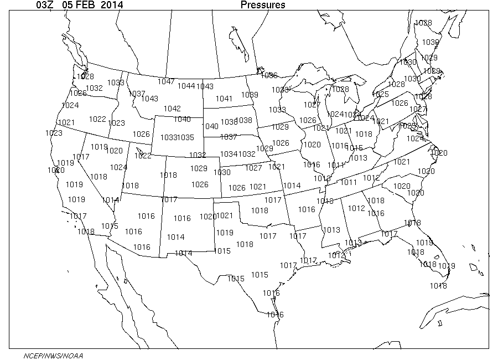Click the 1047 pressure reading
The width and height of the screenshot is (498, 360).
click(x=166, y=81)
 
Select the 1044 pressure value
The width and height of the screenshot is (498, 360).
click(x=186, y=86)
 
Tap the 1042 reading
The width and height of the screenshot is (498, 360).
click(x=172, y=109)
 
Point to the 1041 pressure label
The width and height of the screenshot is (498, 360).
click(x=224, y=99)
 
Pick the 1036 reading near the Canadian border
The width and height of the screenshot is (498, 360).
click(x=269, y=75)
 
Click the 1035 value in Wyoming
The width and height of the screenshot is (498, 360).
click(x=186, y=137)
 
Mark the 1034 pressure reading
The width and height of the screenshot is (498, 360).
click(x=228, y=153)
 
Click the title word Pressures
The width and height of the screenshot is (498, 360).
click(x=263, y=6)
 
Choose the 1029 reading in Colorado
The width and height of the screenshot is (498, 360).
click(x=199, y=168)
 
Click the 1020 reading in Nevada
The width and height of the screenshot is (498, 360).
click(x=114, y=151)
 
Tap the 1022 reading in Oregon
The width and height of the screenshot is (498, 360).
click(x=97, y=119)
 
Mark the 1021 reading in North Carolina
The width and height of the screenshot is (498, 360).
click(x=402, y=162)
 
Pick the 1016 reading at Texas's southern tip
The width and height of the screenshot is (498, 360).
click(x=274, y=315)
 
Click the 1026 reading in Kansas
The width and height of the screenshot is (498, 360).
click(x=236, y=188)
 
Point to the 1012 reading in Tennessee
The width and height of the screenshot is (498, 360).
click(x=371, y=178)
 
